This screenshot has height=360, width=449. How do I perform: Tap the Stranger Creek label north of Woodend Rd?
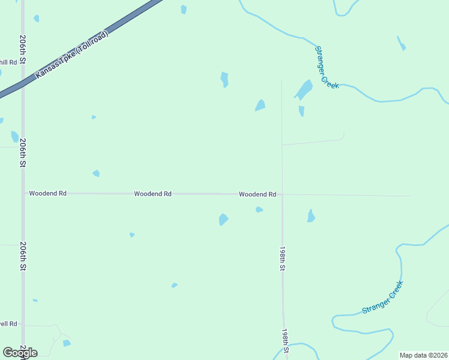tap(327, 68)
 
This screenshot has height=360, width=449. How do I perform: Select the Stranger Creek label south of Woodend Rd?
tap(382, 298)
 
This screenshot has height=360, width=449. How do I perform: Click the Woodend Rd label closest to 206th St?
tap(47, 194)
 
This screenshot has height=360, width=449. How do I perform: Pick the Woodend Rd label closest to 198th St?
tap(258, 194)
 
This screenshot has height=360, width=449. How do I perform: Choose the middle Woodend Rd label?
tap(152, 194)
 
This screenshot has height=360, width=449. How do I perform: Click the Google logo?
tap(20, 353)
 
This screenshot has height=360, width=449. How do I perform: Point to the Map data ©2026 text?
tap(423, 355)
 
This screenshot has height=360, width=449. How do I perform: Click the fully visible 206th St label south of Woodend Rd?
tap(23, 256)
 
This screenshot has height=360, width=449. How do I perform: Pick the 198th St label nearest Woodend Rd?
tap(282, 257)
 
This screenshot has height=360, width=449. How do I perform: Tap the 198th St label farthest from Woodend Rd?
tap(286, 340)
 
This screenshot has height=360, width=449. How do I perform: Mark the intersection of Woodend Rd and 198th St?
tap(282, 194)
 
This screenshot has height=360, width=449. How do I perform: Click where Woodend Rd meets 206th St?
tap(23, 194)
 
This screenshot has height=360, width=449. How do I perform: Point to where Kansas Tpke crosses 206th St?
tap(23, 83)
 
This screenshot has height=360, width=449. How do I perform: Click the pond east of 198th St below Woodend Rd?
tap(311, 216)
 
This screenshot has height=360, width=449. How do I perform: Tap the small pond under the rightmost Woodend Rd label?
tap(259, 209)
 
